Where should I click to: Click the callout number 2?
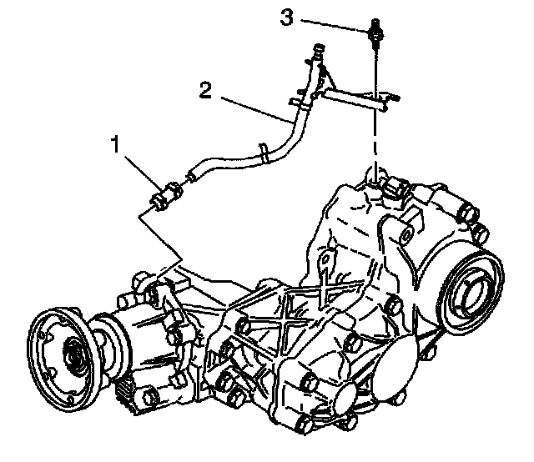coord(205,88)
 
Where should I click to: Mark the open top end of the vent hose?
coord(320,49)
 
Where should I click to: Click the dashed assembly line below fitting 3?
coord(375,133)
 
